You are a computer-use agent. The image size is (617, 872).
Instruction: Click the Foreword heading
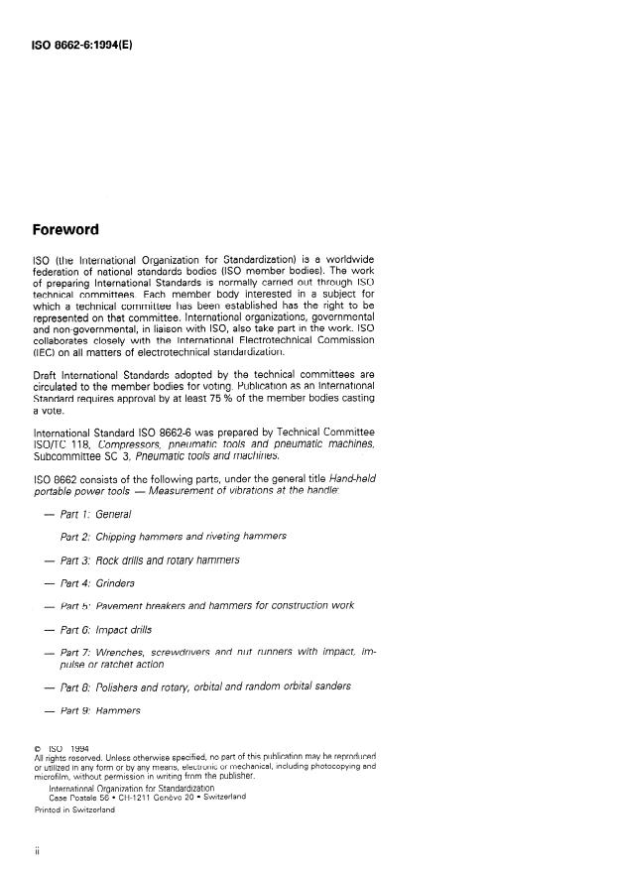pyautogui.click(x=64, y=230)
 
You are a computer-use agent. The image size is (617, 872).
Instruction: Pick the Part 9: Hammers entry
pyautogui.click(x=100, y=710)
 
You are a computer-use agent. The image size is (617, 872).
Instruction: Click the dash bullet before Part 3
pyautogui.click(x=44, y=561)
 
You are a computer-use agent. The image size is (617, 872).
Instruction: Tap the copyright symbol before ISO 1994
pyautogui.click(x=38, y=748)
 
